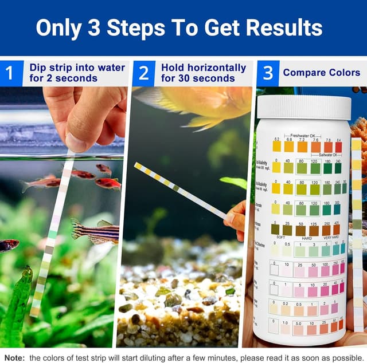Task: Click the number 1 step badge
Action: pos(10,73)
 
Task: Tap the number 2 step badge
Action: pos(143,73)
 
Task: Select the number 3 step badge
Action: pos(268,73)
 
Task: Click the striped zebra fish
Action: pos(95,230)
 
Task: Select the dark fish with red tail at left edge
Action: pos(8,245)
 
